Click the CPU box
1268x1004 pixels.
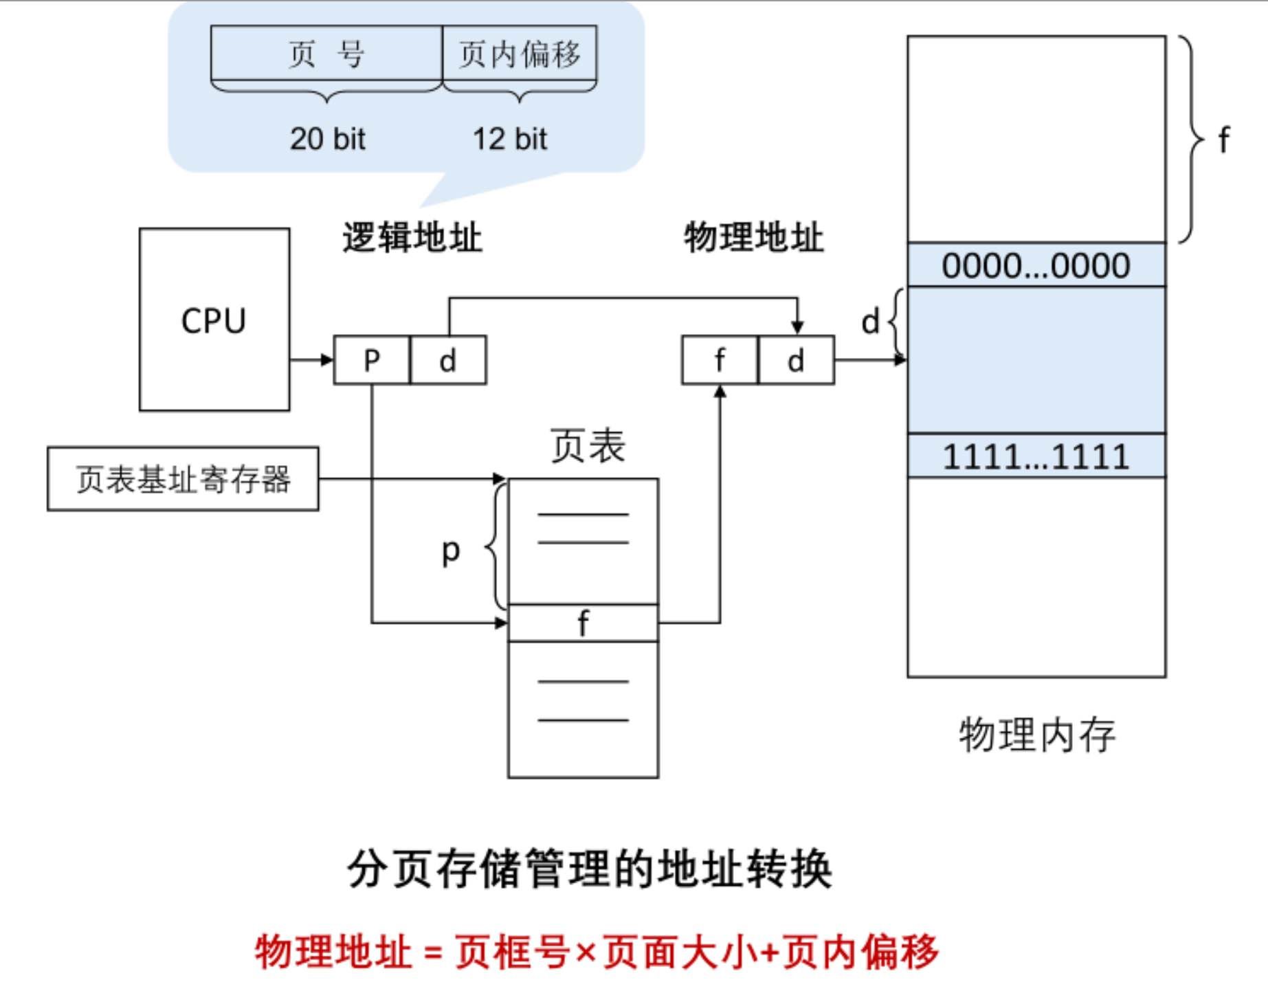point(214,320)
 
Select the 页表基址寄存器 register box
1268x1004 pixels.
point(183,479)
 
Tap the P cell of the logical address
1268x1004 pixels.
point(372,360)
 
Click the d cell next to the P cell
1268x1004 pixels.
point(448,360)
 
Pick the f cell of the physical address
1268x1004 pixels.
point(720,360)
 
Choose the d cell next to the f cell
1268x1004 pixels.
point(796,360)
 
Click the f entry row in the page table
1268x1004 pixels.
point(583,623)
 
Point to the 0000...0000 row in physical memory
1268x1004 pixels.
point(1036,265)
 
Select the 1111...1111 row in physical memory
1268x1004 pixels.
point(1036,456)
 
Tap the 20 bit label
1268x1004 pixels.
point(327,139)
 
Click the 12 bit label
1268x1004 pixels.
point(509,139)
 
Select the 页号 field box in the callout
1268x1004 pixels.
point(326,54)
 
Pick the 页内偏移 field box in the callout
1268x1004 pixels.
point(520,54)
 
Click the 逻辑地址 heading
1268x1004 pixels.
point(412,238)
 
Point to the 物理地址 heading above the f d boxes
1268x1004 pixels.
point(753,238)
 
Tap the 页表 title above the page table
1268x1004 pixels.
point(588,445)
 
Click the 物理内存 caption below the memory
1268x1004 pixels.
point(1036,735)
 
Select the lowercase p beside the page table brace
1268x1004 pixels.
point(450,550)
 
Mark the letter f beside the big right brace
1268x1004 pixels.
point(1223,140)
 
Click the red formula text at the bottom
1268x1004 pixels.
point(597,952)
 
